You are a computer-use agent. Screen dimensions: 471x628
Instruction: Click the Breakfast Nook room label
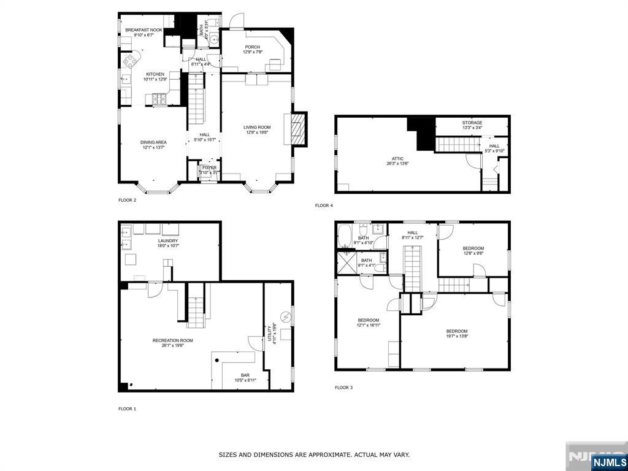point(143,29)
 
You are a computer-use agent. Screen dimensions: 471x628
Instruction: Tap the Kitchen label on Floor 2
point(155,74)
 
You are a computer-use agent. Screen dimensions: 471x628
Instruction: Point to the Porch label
point(253,47)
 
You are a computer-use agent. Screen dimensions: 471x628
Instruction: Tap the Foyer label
point(210,167)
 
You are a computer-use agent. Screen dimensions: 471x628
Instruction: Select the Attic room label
point(394,158)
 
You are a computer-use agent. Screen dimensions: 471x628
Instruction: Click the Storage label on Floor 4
point(472,123)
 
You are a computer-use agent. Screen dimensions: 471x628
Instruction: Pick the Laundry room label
point(167,241)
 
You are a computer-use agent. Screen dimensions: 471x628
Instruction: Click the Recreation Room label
point(172,340)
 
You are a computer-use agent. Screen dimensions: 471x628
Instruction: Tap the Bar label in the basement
point(245,375)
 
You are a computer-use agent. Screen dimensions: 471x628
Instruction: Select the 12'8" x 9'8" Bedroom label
point(473,248)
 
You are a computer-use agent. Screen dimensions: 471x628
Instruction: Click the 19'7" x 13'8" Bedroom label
point(457,331)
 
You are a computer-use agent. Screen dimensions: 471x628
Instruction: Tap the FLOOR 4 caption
point(324,205)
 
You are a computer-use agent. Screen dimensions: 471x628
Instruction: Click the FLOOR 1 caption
point(128,408)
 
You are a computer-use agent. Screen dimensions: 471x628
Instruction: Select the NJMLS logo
point(610,462)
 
